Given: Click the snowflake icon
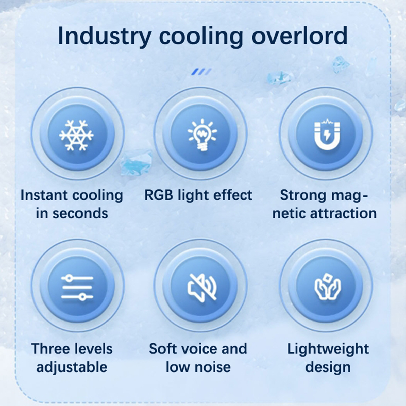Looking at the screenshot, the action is click(x=76, y=135).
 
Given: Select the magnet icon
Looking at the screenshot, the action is click(x=327, y=134).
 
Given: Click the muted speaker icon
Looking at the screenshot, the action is click(x=202, y=288).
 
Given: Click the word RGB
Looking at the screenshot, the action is click(x=159, y=195).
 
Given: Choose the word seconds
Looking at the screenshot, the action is click(x=80, y=213).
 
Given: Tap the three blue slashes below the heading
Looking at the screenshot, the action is click(x=201, y=72).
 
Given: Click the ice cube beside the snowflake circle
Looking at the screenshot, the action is click(x=136, y=162).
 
